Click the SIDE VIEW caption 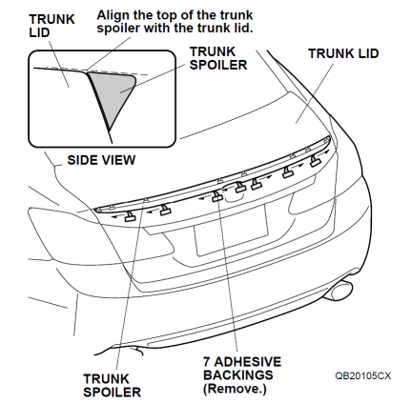pos(101,160)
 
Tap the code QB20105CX pos(362,375)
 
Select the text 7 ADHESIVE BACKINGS pos(242,369)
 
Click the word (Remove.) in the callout pos(235,389)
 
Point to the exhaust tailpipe pos(340,291)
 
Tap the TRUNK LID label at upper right pos(343,53)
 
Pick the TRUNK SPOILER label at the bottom pos(112,385)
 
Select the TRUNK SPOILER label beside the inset pos(218,58)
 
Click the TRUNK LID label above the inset pos(51,26)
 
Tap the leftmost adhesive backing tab pos(130,216)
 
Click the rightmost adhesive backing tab pos(315,161)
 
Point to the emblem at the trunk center pos(235,193)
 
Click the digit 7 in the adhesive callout pos(207,362)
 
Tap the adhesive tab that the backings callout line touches pos(217,196)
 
